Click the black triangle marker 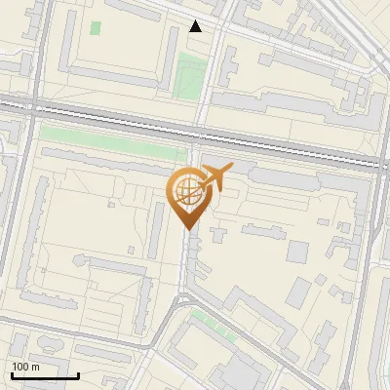(x=196, y=26)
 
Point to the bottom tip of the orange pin (x=185, y=230)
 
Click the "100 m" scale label (x=24, y=367)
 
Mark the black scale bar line (x=44, y=375)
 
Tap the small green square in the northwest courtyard (x=96, y=27)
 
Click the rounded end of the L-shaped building (x=80, y=261)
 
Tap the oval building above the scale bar (x=19, y=346)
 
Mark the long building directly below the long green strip (x=112, y=156)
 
